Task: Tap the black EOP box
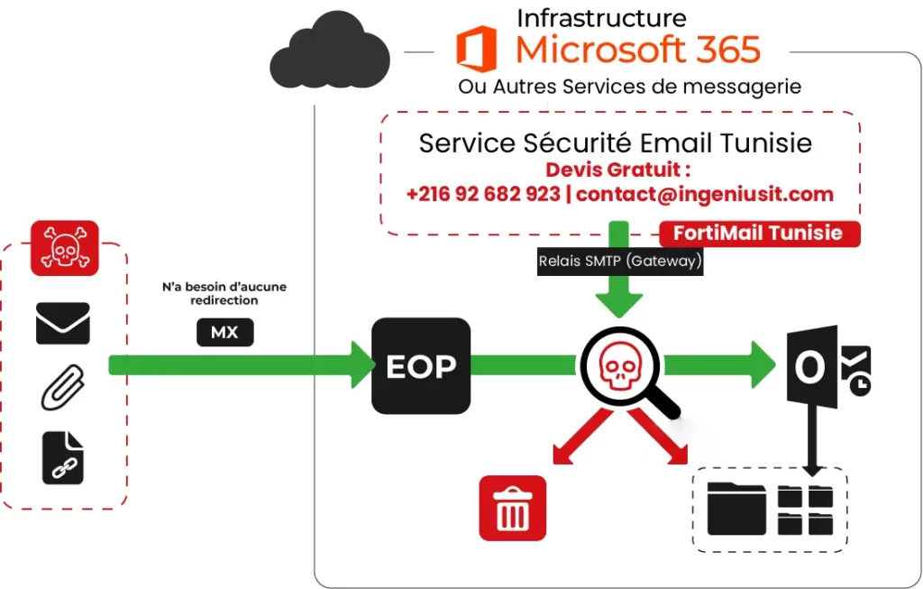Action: pyautogui.click(x=421, y=365)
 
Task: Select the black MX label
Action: pyautogui.click(x=224, y=333)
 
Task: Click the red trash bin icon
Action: pyautogui.click(x=512, y=508)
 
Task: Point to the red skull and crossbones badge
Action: pyautogui.click(x=64, y=247)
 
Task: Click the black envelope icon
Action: pyautogui.click(x=62, y=323)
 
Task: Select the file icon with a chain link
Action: pyautogui.click(x=63, y=457)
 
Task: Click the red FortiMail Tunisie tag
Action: pyautogui.click(x=758, y=234)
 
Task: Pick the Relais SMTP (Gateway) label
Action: pyautogui.click(x=619, y=262)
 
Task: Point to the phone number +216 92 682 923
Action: pyautogui.click(x=483, y=194)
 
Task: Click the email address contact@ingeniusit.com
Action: pyautogui.click(x=704, y=194)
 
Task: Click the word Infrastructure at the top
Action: pyautogui.click(x=601, y=17)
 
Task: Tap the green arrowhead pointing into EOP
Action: pyautogui.click(x=361, y=365)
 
